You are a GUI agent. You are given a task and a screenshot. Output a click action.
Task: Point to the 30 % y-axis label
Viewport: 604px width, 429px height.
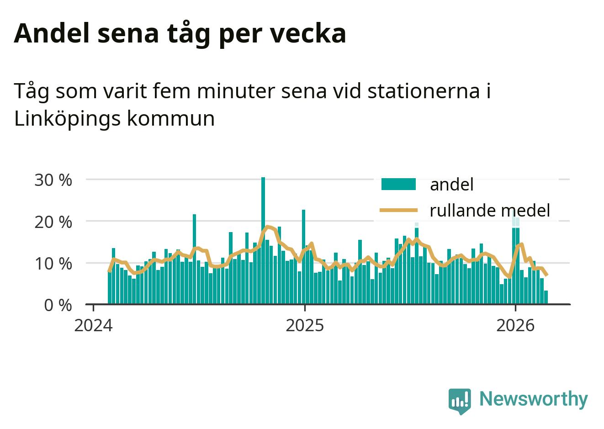53,180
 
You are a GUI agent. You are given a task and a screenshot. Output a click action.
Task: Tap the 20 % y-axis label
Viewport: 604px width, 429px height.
53,222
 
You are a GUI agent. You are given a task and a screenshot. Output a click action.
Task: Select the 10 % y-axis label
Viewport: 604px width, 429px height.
53,264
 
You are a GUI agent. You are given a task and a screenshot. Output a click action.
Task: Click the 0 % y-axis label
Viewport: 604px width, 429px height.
58,305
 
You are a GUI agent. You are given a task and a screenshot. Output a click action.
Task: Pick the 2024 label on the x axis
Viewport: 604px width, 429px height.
93,325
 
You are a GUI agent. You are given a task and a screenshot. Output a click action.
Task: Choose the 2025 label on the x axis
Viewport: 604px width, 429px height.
304,325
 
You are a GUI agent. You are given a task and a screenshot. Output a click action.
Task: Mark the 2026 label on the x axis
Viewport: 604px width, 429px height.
515,325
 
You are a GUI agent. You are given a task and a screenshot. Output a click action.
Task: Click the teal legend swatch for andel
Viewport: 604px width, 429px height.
398,184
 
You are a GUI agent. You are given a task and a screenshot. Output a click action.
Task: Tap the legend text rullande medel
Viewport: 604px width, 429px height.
489,210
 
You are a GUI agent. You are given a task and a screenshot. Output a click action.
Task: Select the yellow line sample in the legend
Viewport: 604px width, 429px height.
398,210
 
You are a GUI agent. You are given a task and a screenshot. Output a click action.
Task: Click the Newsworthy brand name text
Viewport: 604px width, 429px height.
533,399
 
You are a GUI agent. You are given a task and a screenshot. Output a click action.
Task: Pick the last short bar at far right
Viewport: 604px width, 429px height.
546,297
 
